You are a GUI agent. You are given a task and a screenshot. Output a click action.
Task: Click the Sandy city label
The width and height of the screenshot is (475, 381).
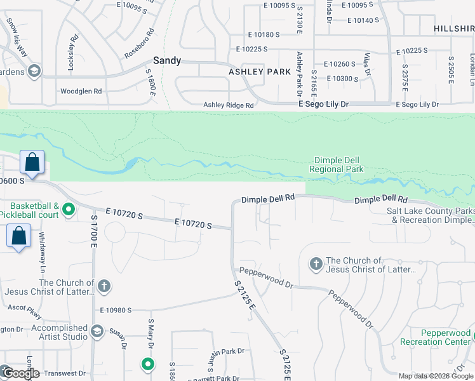coord(167,61)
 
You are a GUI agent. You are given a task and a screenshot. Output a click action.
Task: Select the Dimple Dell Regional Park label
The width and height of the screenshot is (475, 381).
coord(337,165)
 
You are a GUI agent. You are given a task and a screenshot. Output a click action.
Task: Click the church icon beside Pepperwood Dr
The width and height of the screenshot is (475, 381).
coord(316,263)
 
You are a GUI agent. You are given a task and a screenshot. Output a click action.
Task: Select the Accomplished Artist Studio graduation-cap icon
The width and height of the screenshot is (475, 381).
coord(97,331)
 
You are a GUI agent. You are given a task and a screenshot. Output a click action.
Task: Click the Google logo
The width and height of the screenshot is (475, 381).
coord(21,373)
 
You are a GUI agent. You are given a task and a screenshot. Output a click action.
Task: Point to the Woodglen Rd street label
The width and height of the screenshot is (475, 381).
coord(81,91)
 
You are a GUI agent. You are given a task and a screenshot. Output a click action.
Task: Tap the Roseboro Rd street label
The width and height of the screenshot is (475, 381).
coord(139,43)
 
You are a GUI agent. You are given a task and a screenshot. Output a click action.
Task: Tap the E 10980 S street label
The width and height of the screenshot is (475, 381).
coord(116,310)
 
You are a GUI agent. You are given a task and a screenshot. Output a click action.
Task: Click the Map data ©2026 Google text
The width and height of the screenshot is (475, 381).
coord(436,376)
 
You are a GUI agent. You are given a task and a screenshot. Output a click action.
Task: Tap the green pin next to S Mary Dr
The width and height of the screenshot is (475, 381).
coord(148,364)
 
